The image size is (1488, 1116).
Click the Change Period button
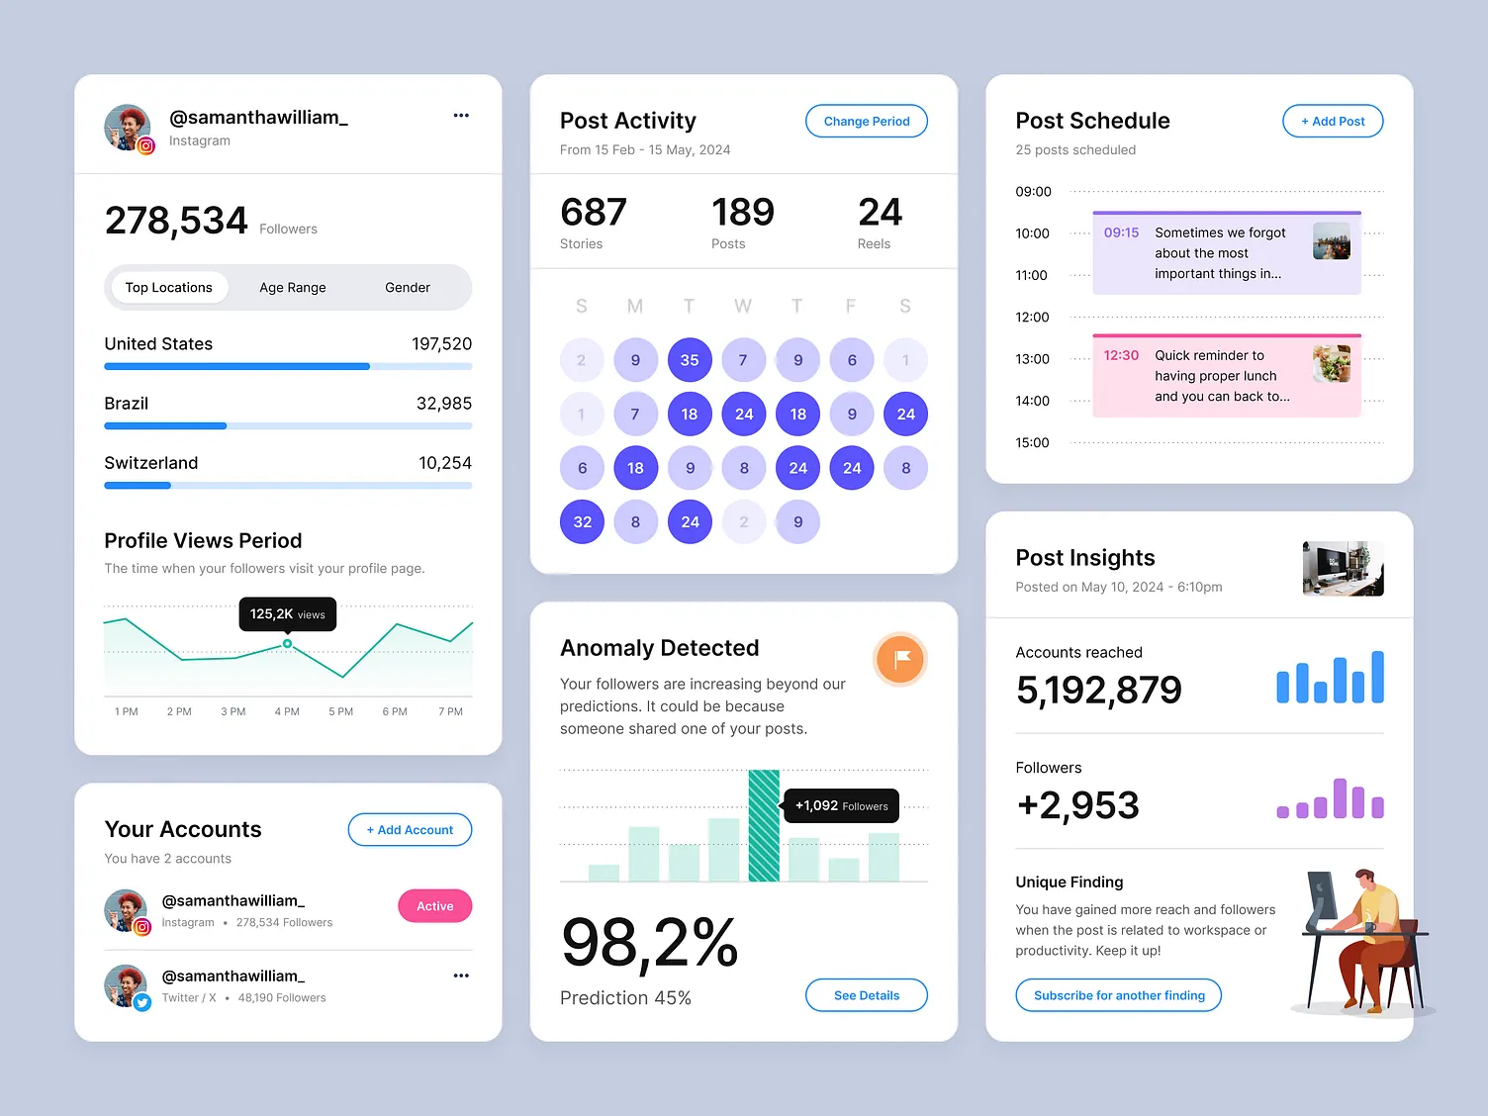(x=866, y=121)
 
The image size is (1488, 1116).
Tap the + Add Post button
(x=1332, y=121)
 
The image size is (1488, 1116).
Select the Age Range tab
(x=292, y=288)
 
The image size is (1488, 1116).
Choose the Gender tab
(x=407, y=288)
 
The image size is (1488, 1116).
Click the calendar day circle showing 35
(x=690, y=360)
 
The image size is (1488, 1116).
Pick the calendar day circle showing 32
(x=582, y=521)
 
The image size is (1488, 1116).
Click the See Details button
(x=866, y=995)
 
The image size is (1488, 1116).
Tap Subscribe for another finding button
(x=1118, y=995)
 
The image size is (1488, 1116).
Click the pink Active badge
(x=434, y=906)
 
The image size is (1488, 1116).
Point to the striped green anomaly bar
(x=764, y=825)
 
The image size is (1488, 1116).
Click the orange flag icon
(x=900, y=659)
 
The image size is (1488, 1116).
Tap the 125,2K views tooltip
(x=287, y=614)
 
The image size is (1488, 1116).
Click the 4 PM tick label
(x=287, y=711)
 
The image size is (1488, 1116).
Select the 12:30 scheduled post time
(x=1121, y=355)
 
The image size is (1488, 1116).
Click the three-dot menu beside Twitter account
(x=461, y=976)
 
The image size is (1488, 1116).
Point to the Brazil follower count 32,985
(x=443, y=404)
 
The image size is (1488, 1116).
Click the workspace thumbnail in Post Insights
(x=1343, y=568)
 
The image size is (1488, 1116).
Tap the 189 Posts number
(x=742, y=213)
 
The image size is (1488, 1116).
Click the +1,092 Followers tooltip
(x=841, y=806)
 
